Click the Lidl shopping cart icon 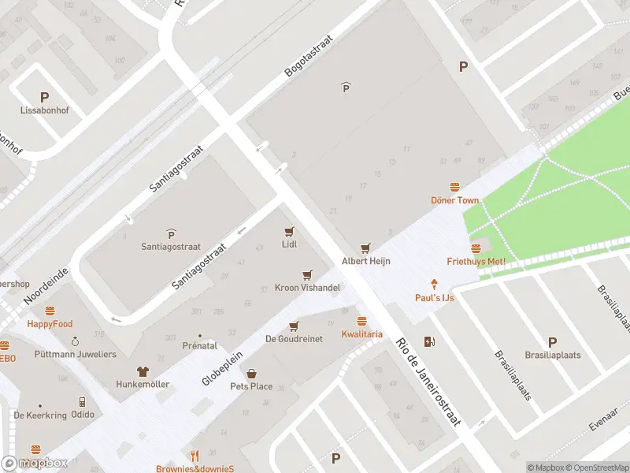coord(289,232)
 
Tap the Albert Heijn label coord(366,261)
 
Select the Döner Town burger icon coord(454,187)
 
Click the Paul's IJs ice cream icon coord(434,284)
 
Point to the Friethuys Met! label coord(476,261)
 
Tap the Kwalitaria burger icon coord(361,321)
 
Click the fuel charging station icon coord(429,341)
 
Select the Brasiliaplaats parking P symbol coord(552,342)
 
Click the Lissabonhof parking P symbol coord(44,97)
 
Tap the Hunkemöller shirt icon coord(143,371)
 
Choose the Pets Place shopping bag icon coord(251,374)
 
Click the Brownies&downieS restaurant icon coord(195,456)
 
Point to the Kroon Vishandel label coord(307,288)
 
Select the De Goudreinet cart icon coord(294,326)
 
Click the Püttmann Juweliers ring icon coord(75,341)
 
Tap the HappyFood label coord(50,324)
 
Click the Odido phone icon coord(82,401)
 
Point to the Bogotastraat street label coord(309,54)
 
